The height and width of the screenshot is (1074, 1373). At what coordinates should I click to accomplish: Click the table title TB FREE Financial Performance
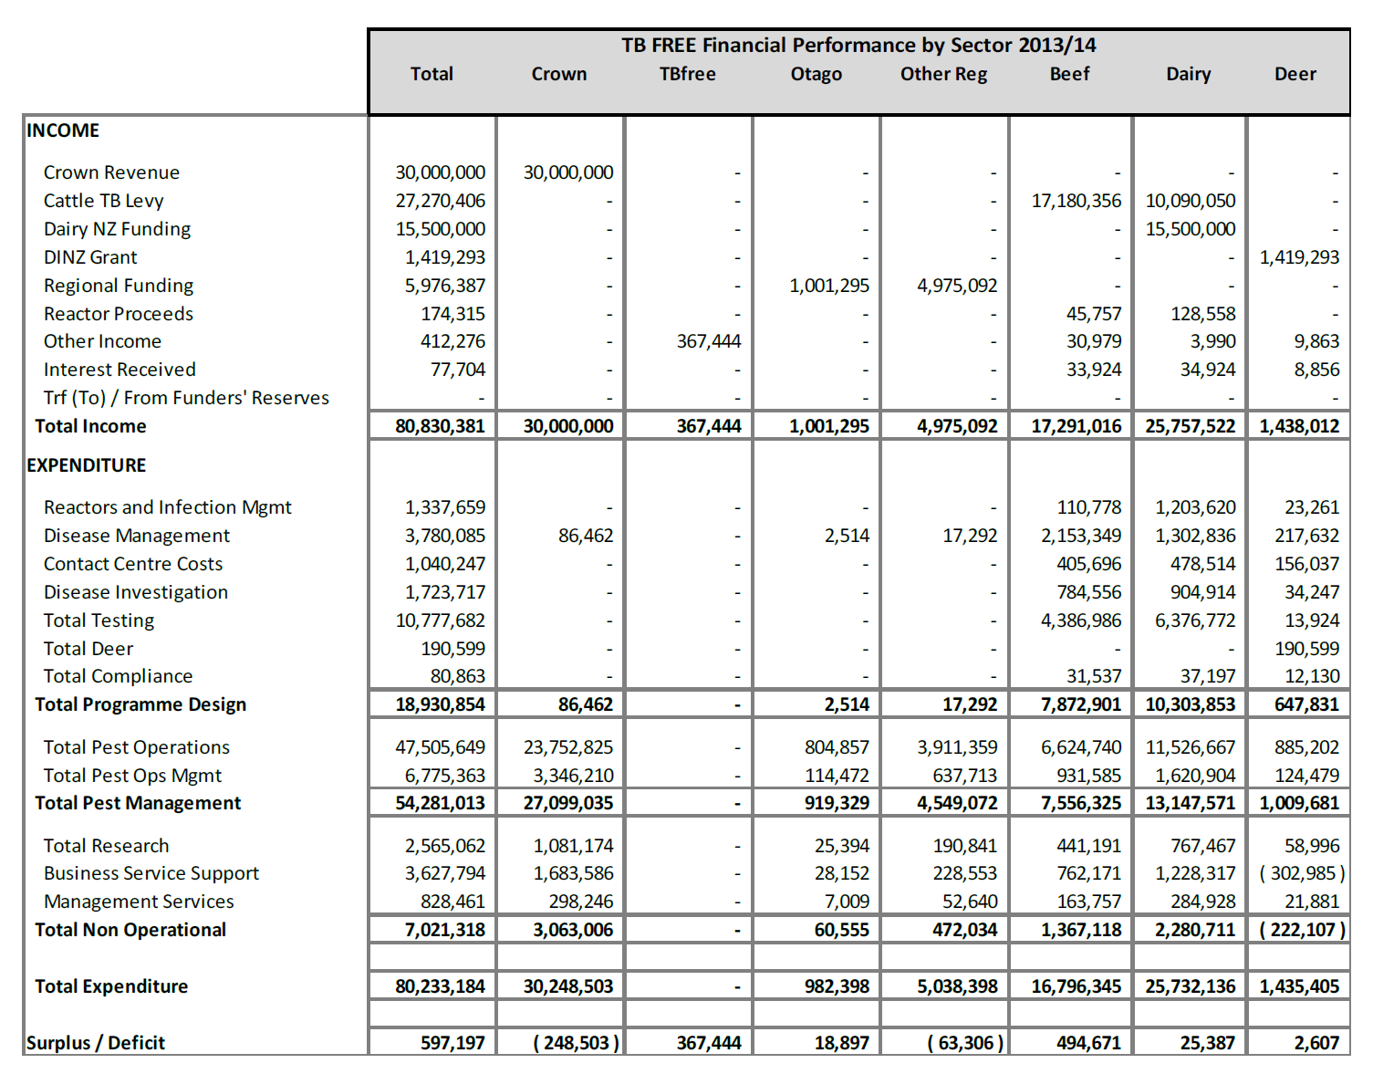(858, 46)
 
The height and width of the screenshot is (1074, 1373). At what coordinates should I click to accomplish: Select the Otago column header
(816, 75)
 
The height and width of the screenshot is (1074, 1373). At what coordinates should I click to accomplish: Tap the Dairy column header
(1188, 75)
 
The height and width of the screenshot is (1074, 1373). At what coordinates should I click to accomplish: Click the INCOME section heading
(63, 130)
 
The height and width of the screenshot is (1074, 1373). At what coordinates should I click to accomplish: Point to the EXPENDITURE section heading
(87, 465)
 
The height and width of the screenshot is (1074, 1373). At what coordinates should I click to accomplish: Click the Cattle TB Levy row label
(103, 201)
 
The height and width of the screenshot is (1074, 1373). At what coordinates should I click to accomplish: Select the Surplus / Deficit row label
(96, 1043)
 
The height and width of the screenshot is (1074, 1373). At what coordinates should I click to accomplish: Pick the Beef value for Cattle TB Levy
(1076, 201)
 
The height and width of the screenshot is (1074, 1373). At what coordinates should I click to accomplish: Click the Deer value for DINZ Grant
(1299, 257)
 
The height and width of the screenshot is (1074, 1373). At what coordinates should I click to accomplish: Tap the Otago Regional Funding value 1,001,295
(828, 286)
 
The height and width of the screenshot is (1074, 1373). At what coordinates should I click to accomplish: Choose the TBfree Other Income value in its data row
(708, 341)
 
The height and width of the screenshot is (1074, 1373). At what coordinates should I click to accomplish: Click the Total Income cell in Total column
(440, 426)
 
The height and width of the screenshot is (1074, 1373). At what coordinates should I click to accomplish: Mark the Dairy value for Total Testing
(1195, 620)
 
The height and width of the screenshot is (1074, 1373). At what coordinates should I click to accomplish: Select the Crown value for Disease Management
(585, 536)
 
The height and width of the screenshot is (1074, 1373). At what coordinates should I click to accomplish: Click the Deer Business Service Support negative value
(1302, 873)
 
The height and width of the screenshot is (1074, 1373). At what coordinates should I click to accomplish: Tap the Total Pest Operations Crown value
(567, 747)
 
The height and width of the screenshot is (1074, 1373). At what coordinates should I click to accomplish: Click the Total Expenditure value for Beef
(1076, 986)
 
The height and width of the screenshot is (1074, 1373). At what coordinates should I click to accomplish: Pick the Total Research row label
(106, 846)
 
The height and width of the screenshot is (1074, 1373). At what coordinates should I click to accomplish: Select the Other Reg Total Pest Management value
(957, 803)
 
